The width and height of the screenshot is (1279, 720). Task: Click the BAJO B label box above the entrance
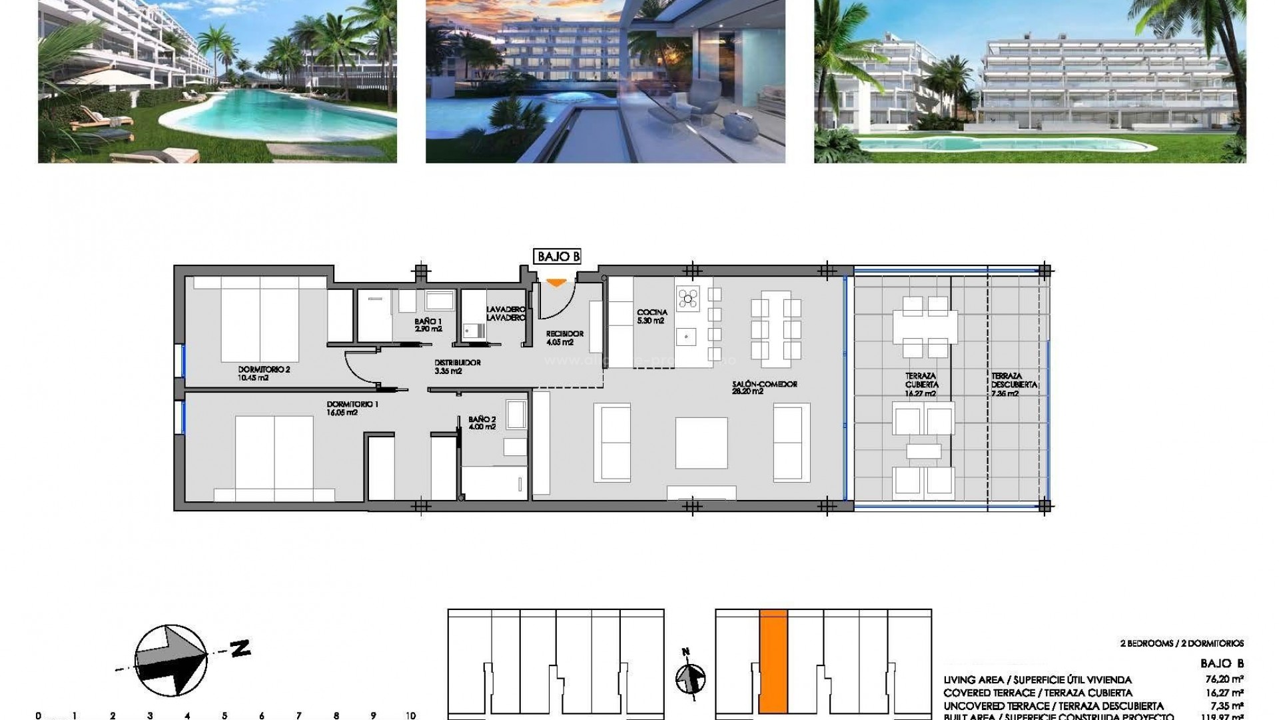557,256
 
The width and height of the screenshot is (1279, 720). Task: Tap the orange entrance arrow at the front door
556,283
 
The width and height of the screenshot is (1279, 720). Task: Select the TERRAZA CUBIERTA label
921,385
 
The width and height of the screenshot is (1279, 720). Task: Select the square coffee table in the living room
701,443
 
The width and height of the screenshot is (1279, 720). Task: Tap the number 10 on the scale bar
410,715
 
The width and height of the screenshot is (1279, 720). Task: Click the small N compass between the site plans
690,679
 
